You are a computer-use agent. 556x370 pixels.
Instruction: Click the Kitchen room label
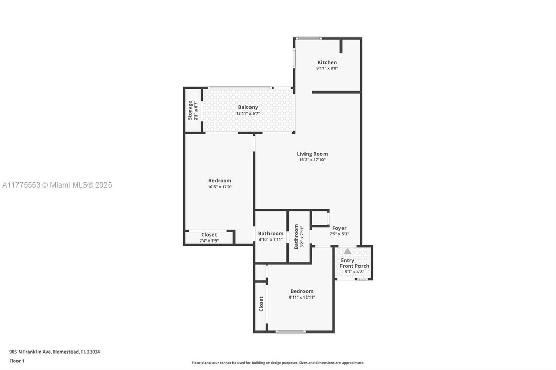point(327,62)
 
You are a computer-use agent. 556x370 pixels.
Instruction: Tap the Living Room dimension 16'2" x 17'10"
point(312,160)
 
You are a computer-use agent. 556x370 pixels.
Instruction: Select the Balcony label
point(248,107)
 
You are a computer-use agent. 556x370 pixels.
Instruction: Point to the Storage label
point(190,110)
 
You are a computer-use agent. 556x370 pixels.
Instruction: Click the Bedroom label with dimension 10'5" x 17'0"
point(220,180)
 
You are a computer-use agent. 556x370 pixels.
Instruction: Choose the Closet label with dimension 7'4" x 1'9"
point(209,235)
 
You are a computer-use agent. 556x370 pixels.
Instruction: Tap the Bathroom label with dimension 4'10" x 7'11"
point(271,233)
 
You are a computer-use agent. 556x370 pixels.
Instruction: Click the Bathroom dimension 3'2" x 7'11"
point(302,237)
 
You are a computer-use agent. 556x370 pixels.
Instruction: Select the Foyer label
point(339,228)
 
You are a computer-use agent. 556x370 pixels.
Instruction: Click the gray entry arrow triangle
point(348,251)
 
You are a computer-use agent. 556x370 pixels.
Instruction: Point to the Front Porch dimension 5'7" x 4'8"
point(354,272)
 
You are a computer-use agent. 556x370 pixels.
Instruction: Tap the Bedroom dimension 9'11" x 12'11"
point(301,297)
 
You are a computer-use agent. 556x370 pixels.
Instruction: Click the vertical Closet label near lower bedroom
point(261,304)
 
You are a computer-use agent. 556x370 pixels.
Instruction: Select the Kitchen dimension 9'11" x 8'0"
point(327,68)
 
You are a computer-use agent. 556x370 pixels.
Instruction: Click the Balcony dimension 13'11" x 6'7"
point(248,113)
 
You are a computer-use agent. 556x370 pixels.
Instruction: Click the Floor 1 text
point(17,361)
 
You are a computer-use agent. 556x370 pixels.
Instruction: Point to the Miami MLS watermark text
point(57,185)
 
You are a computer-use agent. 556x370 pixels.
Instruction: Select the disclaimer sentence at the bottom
point(278,363)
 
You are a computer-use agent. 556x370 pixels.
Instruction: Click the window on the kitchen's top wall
point(310,38)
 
